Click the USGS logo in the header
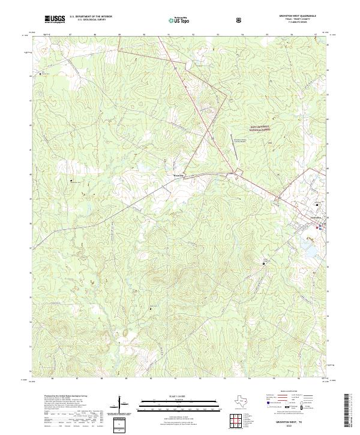pyautogui.click(x=55, y=20)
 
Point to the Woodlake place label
pyautogui.click(x=172, y=175)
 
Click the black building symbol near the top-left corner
pyautogui.click(x=41, y=73)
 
